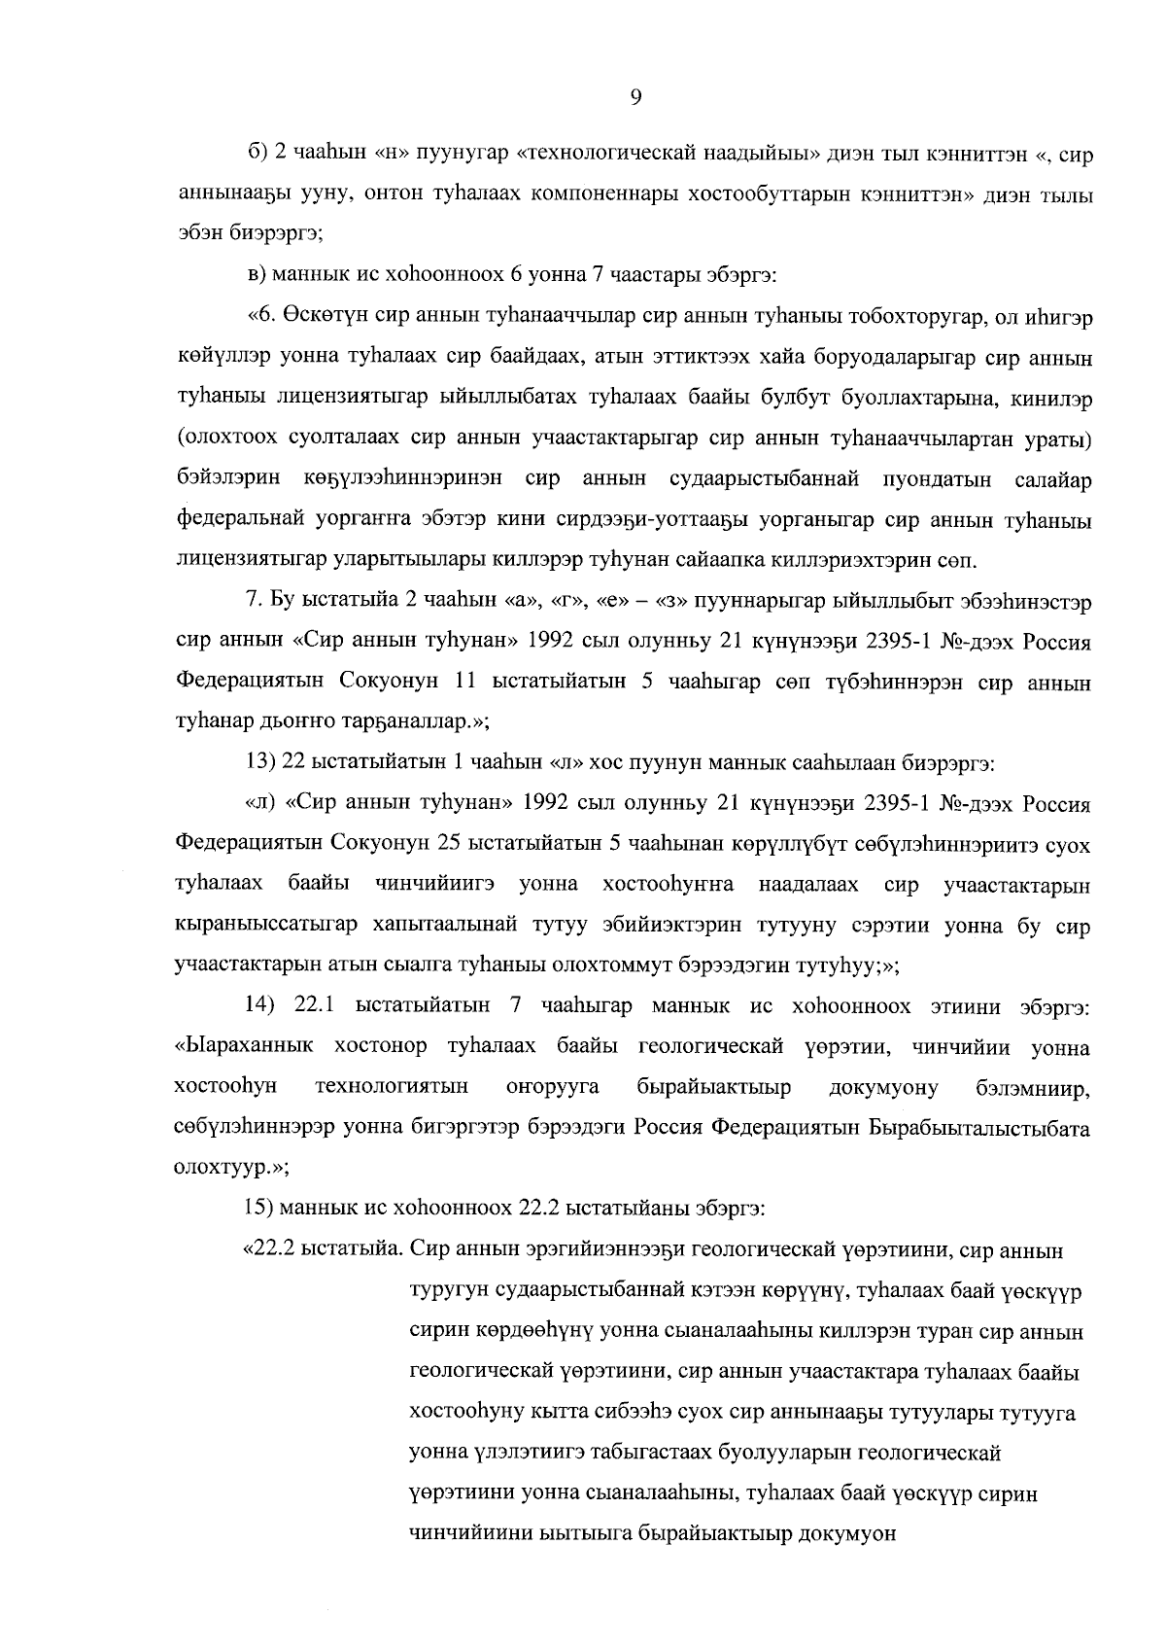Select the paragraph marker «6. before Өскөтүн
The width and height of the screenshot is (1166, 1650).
(261, 318)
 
